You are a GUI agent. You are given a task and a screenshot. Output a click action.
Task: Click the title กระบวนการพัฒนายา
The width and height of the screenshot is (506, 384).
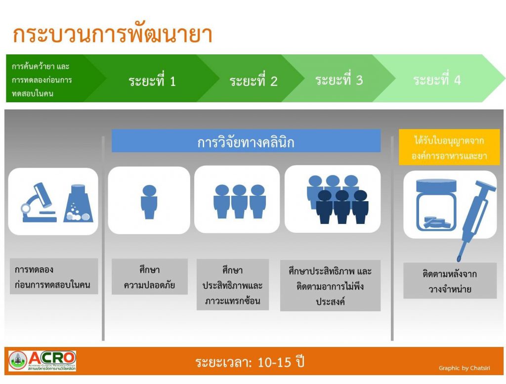point(112,34)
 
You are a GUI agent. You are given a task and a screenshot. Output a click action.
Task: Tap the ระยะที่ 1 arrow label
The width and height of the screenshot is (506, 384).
point(152,81)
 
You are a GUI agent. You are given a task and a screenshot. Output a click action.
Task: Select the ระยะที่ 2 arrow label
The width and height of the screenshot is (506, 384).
point(253,81)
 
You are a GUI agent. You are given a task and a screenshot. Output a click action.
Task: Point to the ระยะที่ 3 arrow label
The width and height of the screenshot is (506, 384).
point(339,80)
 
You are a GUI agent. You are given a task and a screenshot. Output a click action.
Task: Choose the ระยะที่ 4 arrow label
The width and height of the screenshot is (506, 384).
point(437,80)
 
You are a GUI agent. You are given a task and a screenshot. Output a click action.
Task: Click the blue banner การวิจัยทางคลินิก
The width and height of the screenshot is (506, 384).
point(246,141)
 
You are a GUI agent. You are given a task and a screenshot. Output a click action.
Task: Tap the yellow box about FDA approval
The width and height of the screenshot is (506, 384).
point(449,147)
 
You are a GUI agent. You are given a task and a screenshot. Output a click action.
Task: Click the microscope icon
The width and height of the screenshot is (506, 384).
point(39,203)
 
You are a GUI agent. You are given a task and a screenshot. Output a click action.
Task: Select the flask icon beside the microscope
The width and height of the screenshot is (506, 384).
point(78,203)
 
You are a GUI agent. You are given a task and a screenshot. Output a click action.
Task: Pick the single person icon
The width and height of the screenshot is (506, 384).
point(149,202)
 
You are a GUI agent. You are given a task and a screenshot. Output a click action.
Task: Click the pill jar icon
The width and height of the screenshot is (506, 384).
point(436,206)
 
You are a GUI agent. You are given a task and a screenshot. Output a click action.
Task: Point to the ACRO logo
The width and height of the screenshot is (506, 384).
point(42,361)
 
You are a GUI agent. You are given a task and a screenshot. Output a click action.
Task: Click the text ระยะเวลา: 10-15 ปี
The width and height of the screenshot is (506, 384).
point(250,362)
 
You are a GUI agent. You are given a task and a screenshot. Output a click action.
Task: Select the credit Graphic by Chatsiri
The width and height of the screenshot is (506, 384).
point(464,368)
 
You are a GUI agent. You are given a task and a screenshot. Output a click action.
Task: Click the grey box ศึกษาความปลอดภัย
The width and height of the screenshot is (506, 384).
point(149,277)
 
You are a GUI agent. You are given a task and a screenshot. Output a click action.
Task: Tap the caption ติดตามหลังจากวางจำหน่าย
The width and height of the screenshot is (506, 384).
point(450,281)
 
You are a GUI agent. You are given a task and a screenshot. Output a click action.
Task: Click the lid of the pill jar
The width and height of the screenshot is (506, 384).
point(436,185)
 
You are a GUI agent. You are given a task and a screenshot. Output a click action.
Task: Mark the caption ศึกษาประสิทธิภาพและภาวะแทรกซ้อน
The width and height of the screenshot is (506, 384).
point(233,285)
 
